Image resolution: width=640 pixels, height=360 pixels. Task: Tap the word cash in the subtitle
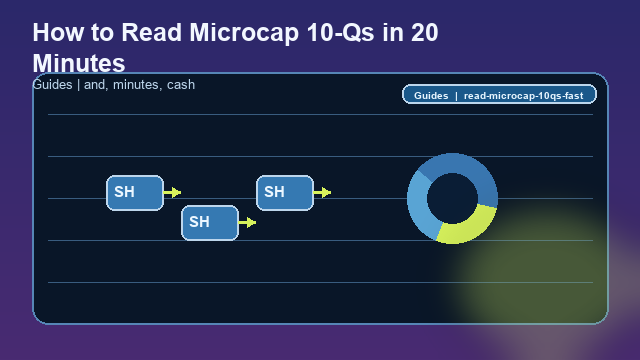(x=181, y=85)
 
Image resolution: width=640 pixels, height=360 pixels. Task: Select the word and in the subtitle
(x=96, y=85)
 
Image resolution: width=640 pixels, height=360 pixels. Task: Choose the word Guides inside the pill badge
(x=431, y=95)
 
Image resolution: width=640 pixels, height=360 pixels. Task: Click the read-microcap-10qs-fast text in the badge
(x=523, y=95)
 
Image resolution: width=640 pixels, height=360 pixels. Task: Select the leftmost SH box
(x=135, y=192)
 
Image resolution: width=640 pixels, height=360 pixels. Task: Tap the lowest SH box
(x=209, y=222)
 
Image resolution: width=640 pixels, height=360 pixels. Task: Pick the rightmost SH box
(x=285, y=192)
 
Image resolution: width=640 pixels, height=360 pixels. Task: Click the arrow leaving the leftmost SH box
(x=172, y=192)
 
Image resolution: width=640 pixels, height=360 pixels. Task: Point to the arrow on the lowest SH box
(x=247, y=222)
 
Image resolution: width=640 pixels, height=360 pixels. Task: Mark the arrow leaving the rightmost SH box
(x=322, y=192)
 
